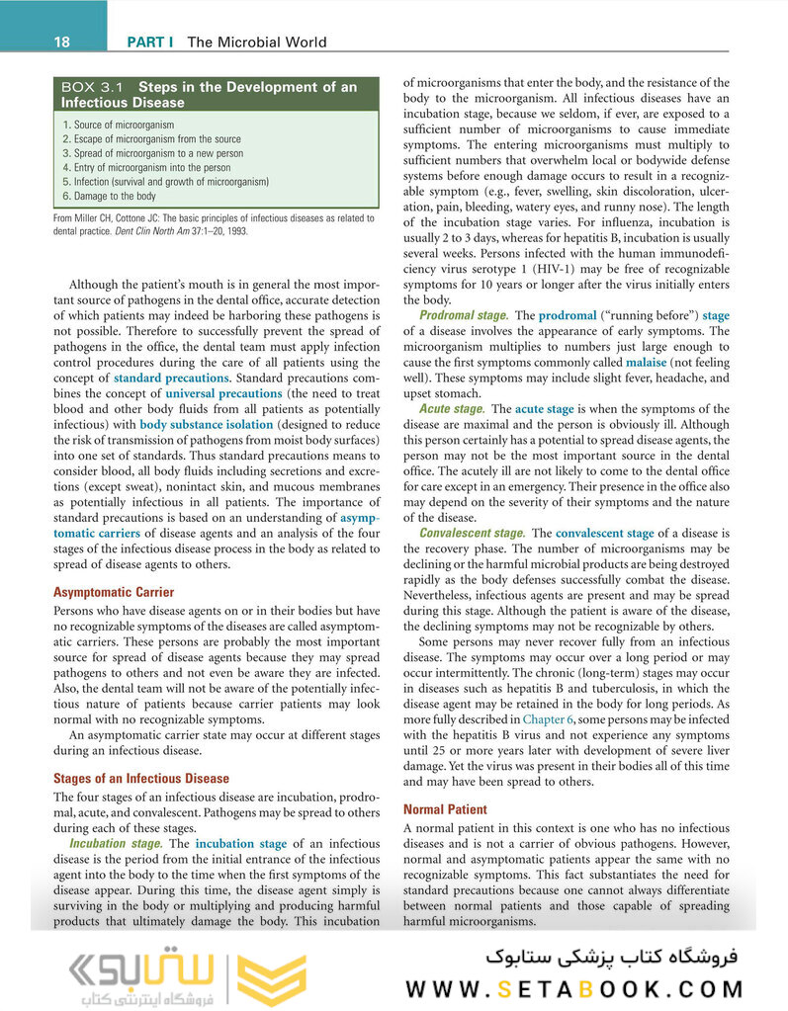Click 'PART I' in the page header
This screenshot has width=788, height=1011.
pyautogui.click(x=150, y=42)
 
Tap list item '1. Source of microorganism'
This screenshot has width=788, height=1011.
pyautogui.click(x=118, y=125)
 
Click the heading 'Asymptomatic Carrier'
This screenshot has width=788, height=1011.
pyautogui.click(x=113, y=592)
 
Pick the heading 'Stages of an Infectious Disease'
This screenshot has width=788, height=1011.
pyautogui.click(x=140, y=778)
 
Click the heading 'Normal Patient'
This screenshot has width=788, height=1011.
pyautogui.click(x=445, y=809)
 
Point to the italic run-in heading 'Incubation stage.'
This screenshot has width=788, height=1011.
pyautogui.click(x=116, y=844)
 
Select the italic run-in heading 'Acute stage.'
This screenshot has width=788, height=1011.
pyautogui.click(x=451, y=408)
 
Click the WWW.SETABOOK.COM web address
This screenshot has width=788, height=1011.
pyautogui.click(x=574, y=988)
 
